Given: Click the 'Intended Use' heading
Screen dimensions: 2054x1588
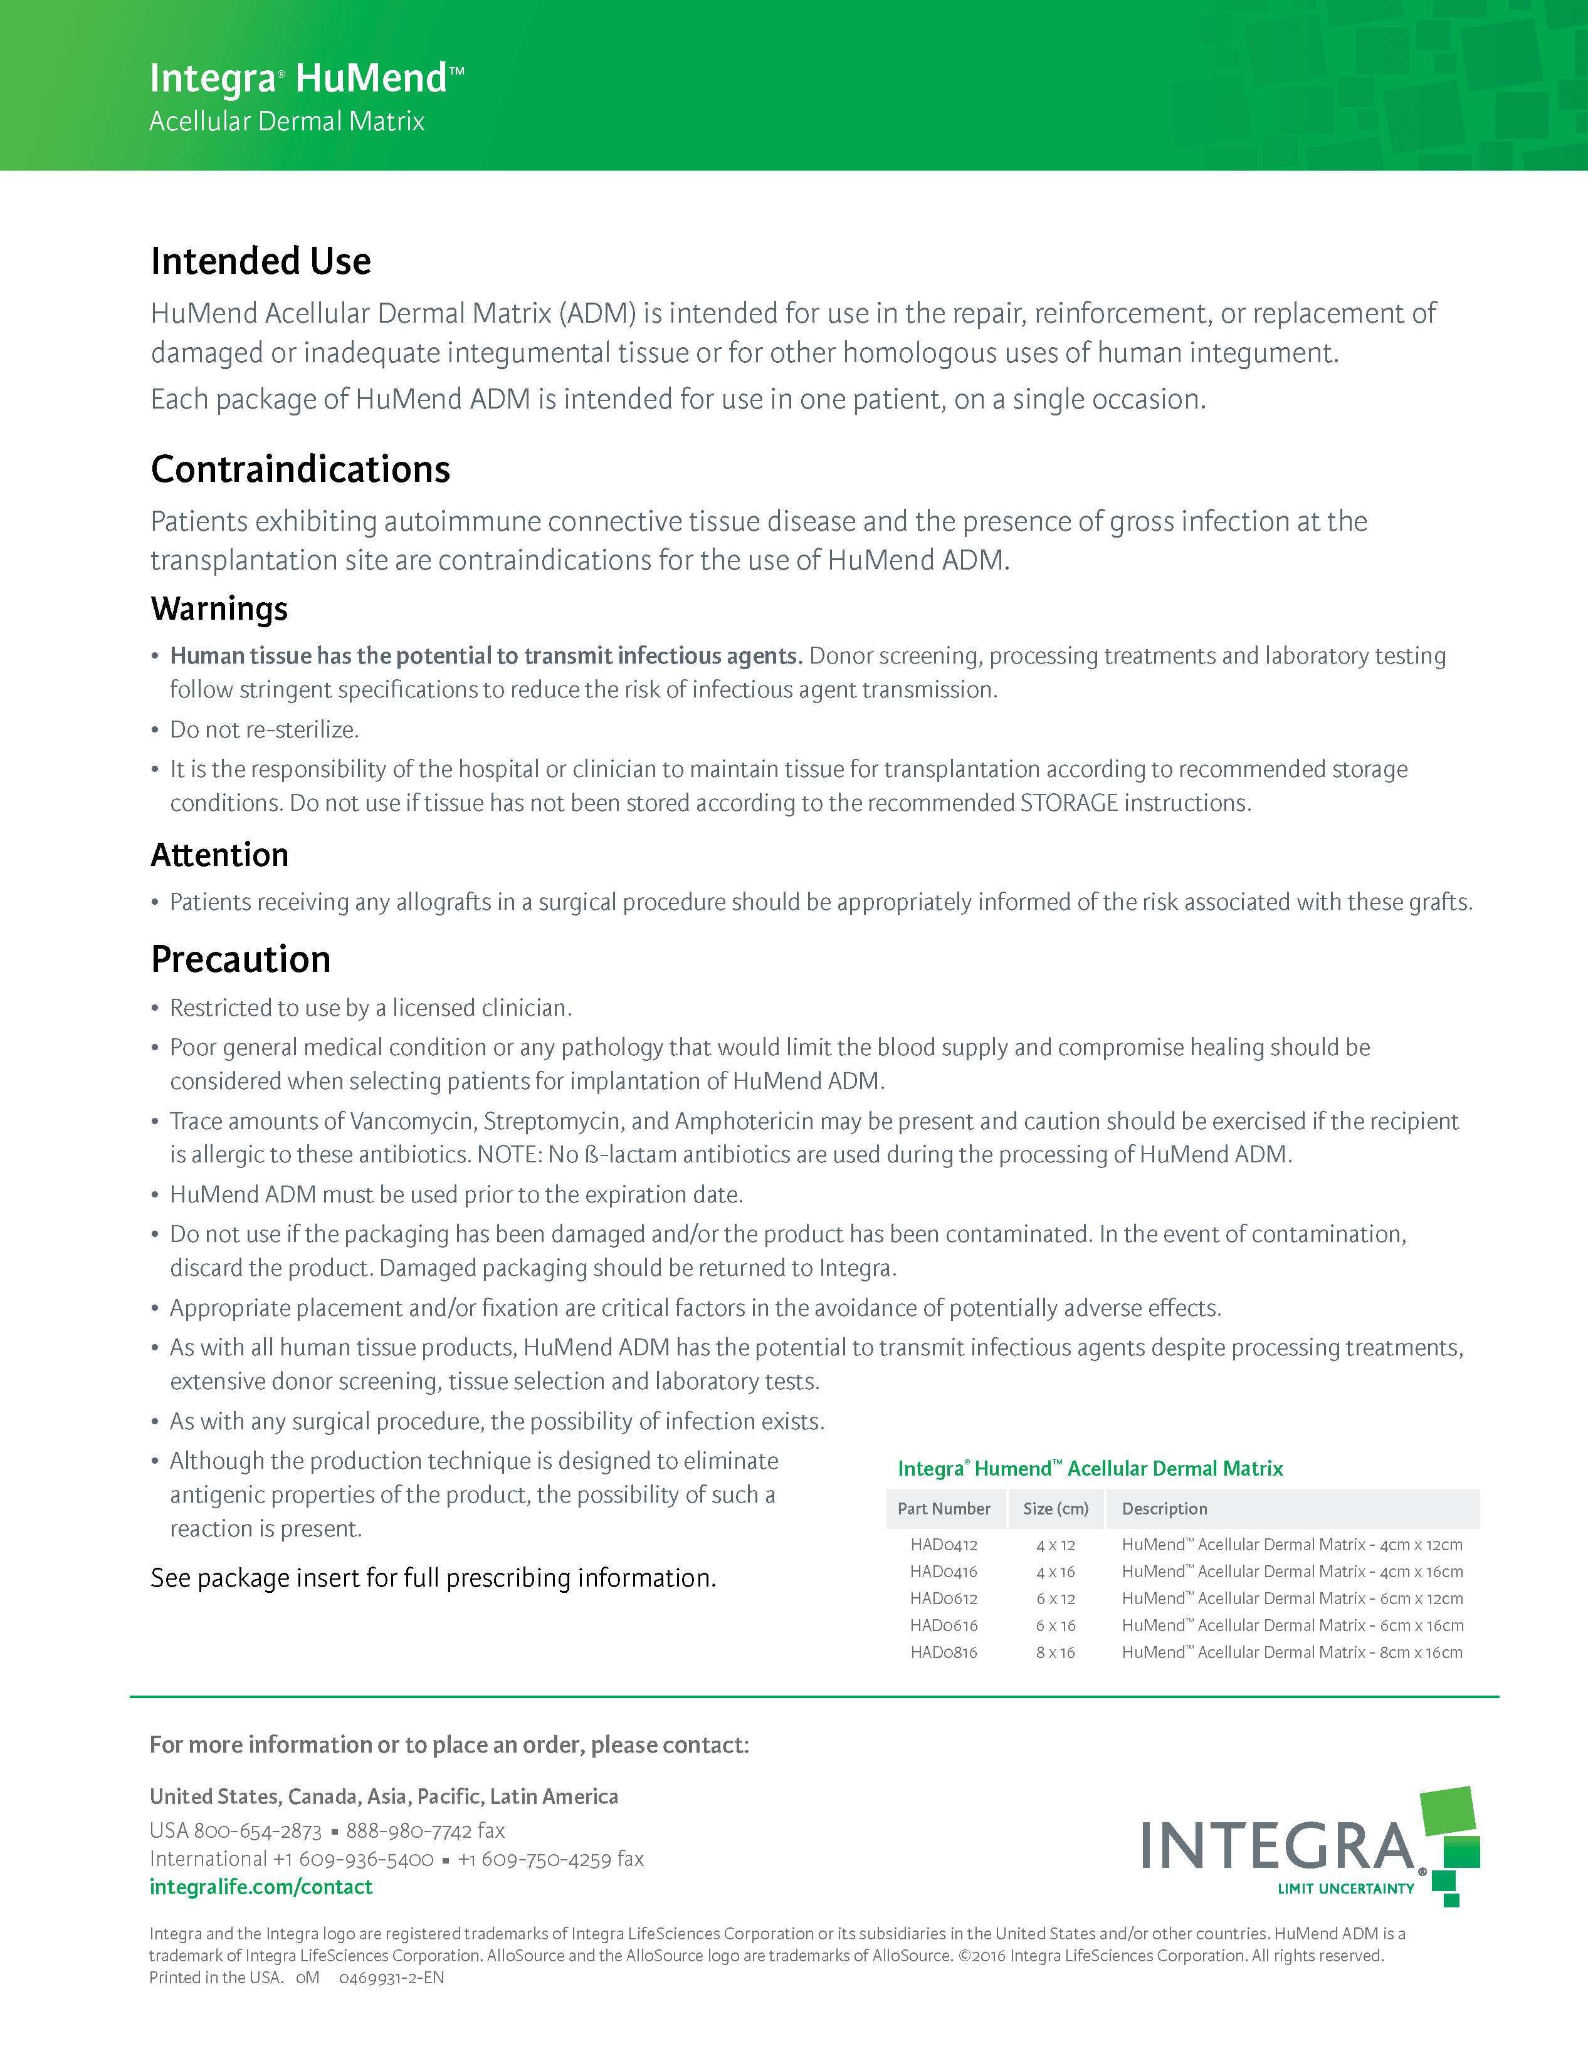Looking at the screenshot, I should (x=261, y=261).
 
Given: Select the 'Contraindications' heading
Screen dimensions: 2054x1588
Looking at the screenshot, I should (x=300, y=469).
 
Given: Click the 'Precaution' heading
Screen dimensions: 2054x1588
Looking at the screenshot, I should (x=241, y=959).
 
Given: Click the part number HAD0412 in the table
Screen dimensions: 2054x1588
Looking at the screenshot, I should (x=944, y=1545).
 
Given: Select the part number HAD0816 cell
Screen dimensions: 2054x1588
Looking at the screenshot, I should (x=944, y=1652).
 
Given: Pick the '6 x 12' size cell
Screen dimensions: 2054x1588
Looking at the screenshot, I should (x=1056, y=1599).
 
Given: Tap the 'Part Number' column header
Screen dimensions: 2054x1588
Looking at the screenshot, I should (x=944, y=1508).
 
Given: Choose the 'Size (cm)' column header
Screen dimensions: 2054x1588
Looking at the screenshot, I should (x=1056, y=1508).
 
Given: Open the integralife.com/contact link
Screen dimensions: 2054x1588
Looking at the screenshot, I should (x=261, y=1887).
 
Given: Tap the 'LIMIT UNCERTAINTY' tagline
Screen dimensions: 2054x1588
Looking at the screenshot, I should (x=1345, y=1889).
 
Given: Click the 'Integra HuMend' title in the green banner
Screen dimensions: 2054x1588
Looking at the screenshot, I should (x=306, y=78).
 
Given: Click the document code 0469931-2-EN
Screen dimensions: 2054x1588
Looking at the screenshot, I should (x=391, y=1978).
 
